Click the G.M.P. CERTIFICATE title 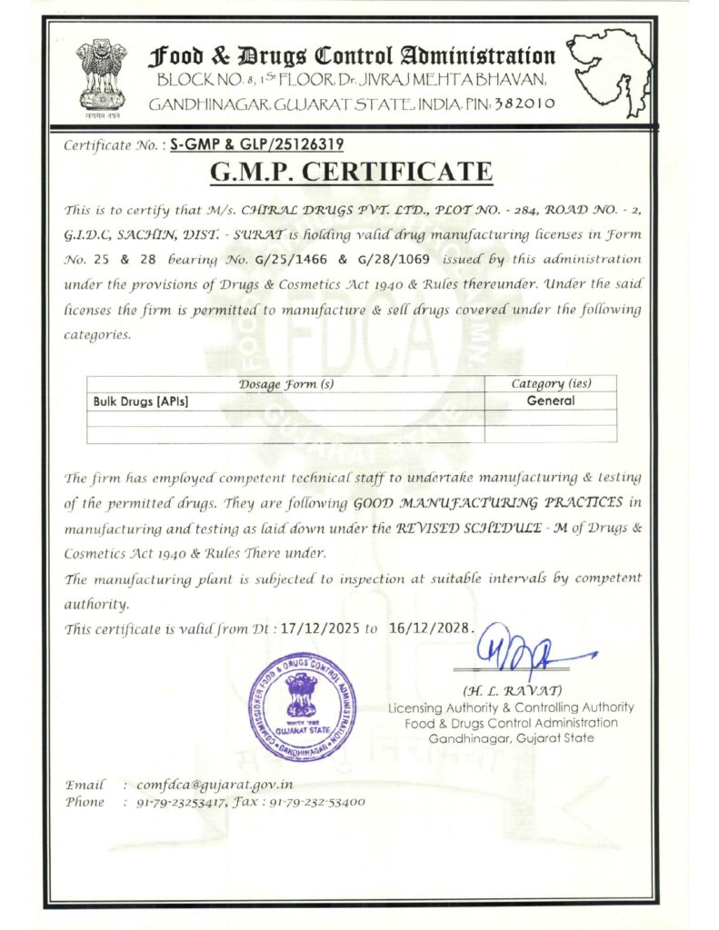[352, 172]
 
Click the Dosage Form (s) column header [285, 384]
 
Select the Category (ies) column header [551, 384]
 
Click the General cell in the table [551, 401]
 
